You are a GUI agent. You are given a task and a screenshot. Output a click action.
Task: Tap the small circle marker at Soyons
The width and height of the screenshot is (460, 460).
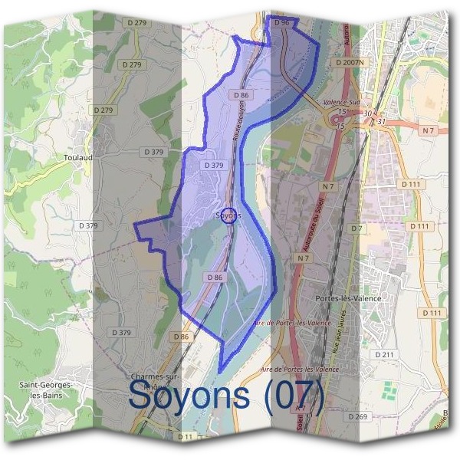point(229,214)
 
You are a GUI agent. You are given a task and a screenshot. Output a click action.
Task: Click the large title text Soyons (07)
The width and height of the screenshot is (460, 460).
point(226,396)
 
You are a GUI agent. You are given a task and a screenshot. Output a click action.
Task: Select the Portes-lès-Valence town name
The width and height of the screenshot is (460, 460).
point(348,297)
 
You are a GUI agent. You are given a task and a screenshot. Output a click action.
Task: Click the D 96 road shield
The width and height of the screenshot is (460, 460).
point(281,23)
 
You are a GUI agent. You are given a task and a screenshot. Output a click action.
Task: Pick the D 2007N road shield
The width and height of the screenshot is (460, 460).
point(350,61)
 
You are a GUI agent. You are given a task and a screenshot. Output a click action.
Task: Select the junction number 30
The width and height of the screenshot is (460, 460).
point(368,114)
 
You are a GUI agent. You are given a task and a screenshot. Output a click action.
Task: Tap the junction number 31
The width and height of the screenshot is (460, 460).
point(381,122)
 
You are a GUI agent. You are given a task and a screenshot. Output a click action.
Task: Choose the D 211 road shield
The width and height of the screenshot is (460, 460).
point(384,354)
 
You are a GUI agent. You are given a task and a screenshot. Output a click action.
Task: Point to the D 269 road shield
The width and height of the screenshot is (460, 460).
point(358,416)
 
